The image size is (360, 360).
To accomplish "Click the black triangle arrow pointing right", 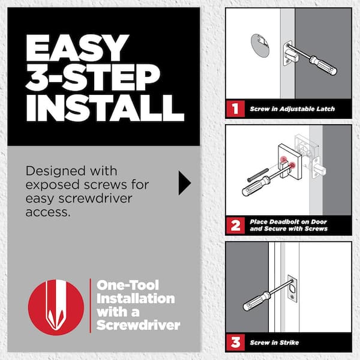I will click(184, 184).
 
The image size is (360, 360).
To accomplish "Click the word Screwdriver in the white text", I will click(138, 325).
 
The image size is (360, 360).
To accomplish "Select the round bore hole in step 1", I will click(262, 46).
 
